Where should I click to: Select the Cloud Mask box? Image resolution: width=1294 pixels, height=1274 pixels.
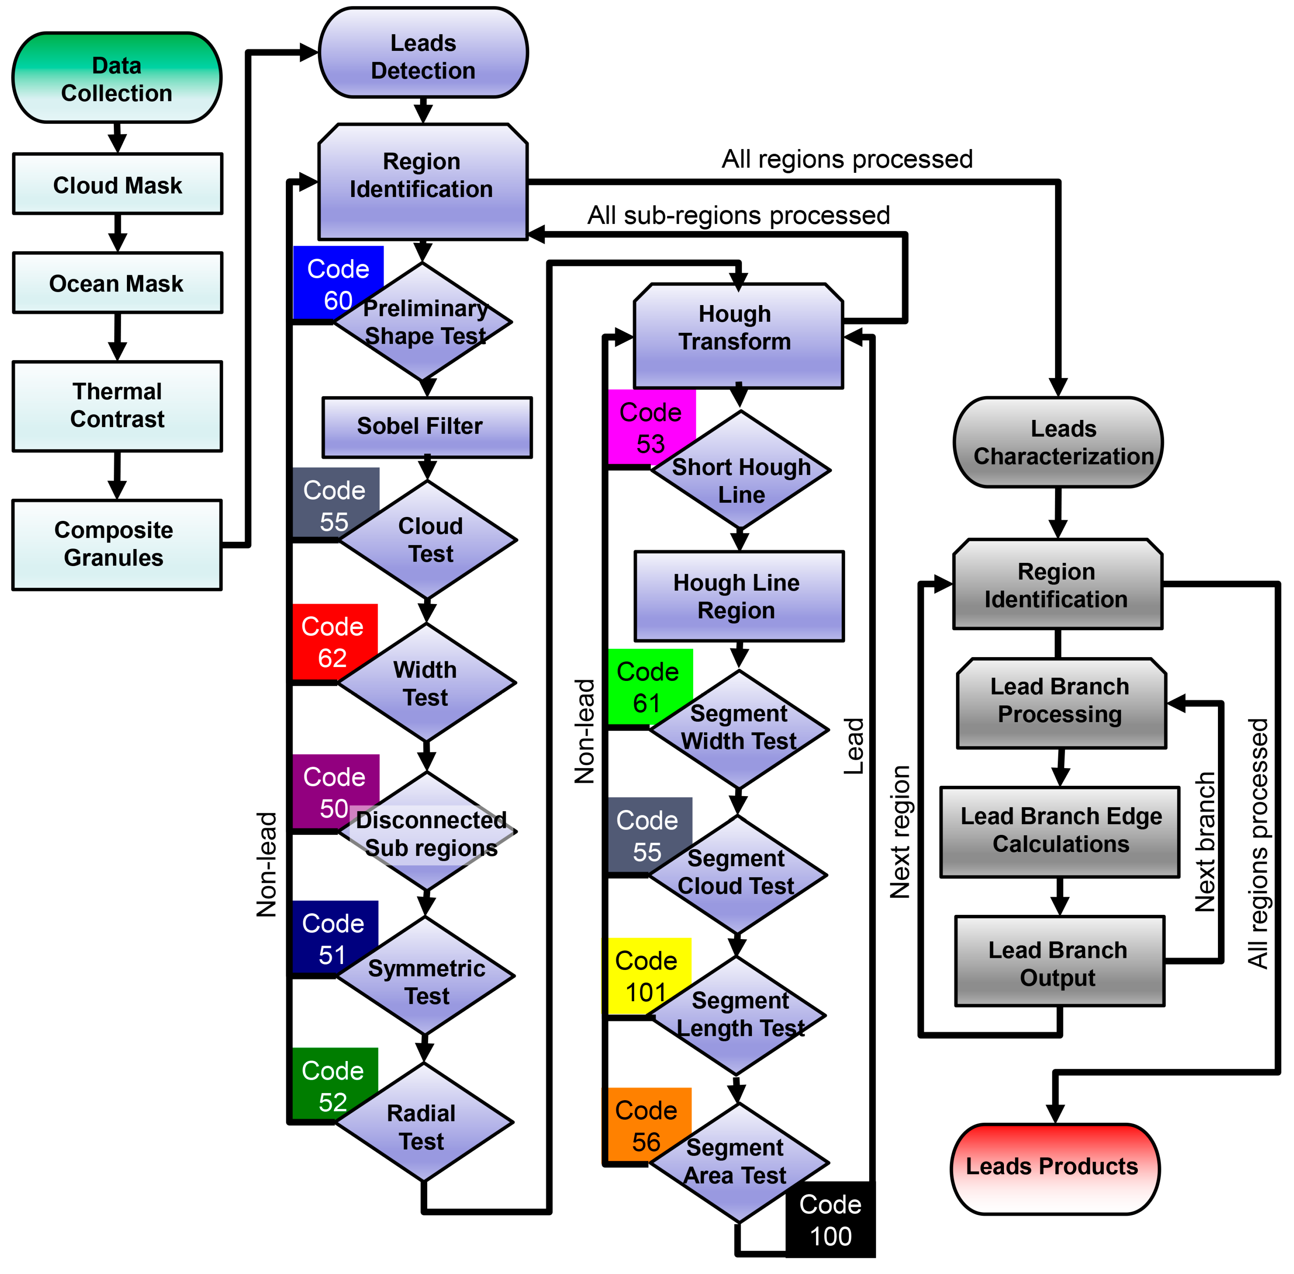117,184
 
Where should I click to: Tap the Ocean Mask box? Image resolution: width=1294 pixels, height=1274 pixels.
117,283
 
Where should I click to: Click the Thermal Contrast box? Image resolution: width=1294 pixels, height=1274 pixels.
117,405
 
